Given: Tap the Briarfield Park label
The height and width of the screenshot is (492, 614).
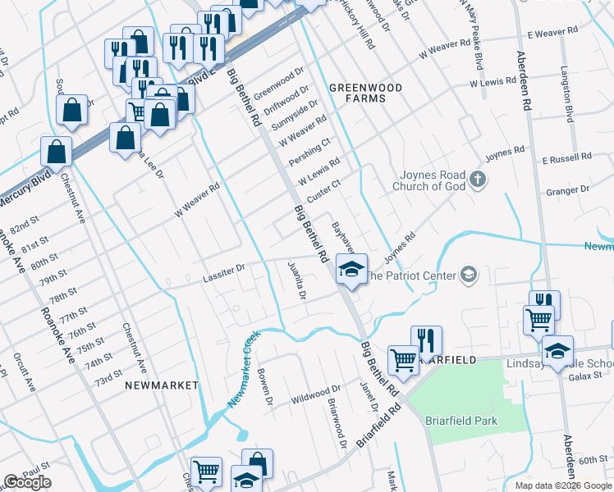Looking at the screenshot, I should (461, 421).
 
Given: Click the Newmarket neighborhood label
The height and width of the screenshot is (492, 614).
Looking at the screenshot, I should (162, 385).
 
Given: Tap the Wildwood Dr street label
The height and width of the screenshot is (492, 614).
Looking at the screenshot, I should (316, 394).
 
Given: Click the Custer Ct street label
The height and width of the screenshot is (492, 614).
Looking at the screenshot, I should (323, 192).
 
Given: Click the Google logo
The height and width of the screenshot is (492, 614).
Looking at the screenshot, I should (27, 482).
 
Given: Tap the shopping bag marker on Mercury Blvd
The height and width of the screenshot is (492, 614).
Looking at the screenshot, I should (55, 150).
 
